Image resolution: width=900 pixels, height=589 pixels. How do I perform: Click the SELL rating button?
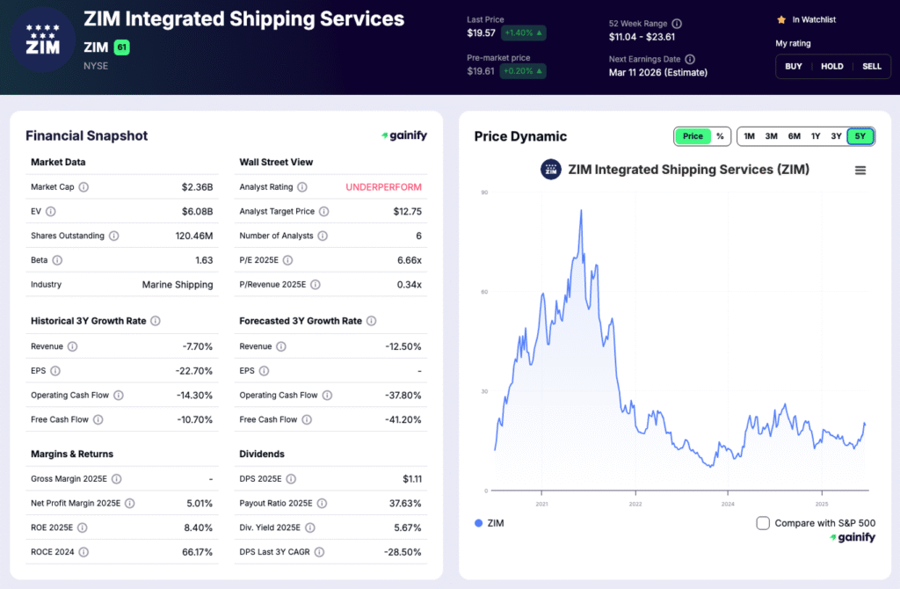871,66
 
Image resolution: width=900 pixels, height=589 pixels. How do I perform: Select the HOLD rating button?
832,66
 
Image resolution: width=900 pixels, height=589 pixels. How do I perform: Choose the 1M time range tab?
749,136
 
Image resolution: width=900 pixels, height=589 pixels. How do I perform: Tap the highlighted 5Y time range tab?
860,136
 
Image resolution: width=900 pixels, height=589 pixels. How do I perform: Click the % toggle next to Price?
720,136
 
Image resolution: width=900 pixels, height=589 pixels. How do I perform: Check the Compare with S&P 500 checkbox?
763,523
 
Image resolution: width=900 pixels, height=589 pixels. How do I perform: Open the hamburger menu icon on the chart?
860,171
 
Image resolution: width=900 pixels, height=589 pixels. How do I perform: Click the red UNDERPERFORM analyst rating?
383,187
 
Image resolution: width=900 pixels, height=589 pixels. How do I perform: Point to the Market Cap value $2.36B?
197,187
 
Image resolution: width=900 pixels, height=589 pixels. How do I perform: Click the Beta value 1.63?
203,260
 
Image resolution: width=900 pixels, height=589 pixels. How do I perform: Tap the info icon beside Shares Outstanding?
113,236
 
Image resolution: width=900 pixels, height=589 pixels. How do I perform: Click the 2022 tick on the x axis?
635,504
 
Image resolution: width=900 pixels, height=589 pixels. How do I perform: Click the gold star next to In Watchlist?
780,19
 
